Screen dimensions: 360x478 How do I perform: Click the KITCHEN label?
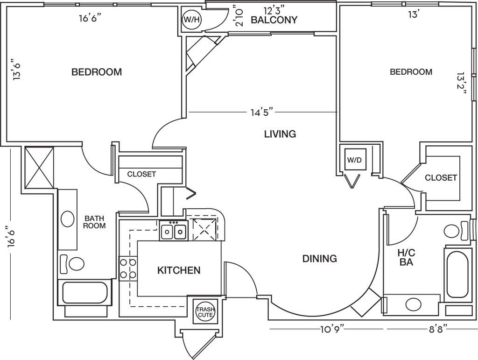(x=179, y=270)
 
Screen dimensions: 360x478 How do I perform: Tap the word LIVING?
(x=281, y=134)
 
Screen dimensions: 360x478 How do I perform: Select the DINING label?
(x=319, y=259)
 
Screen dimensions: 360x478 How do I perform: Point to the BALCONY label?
(x=274, y=20)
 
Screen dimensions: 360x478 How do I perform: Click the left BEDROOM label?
(x=97, y=72)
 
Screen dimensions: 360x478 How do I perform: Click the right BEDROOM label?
(x=411, y=72)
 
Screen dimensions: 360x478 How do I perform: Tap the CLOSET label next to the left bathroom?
(x=141, y=174)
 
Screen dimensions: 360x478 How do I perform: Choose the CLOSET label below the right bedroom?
(x=440, y=178)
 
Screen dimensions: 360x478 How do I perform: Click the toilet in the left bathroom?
(x=73, y=264)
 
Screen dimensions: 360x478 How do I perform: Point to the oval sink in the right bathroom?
(x=412, y=305)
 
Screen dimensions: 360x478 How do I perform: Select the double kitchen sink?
(x=173, y=231)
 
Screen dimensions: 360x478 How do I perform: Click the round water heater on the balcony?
(x=190, y=20)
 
